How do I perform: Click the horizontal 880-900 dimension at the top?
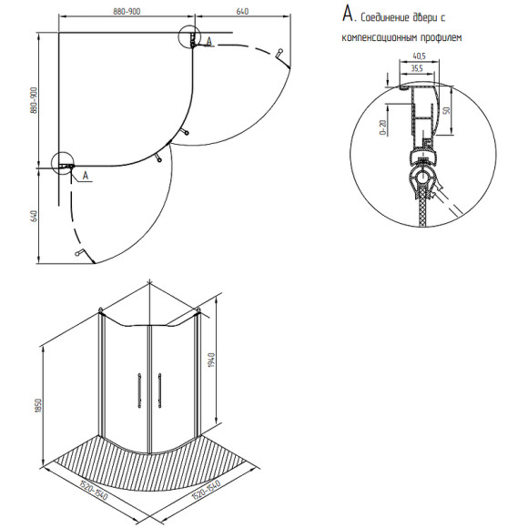[x=127, y=12]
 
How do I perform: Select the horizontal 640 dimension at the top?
[x=242, y=12]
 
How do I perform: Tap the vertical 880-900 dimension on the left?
[x=34, y=100]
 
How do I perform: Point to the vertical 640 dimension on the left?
[x=34, y=216]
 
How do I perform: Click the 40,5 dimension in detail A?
[x=419, y=56]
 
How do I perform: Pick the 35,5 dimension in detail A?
[x=417, y=68]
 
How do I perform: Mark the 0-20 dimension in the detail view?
[x=383, y=127]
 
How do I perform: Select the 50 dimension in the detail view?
[x=446, y=110]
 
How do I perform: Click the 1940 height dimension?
[x=211, y=360]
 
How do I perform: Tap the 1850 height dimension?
[x=38, y=406]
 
